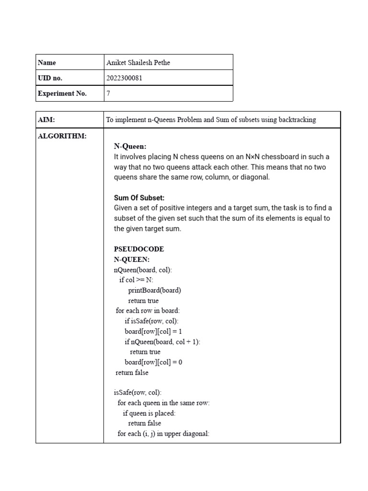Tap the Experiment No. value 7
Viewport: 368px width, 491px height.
(x=108, y=94)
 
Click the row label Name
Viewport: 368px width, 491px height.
(x=47, y=62)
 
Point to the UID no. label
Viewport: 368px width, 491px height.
(x=50, y=78)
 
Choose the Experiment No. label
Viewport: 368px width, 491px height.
(x=62, y=94)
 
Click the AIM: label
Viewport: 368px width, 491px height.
(x=46, y=120)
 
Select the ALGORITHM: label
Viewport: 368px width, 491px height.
(x=62, y=136)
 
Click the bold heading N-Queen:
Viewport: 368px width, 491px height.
(x=130, y=146)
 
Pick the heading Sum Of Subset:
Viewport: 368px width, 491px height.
(x=139, y=198)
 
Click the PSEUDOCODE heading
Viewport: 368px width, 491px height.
(x=139, y=249)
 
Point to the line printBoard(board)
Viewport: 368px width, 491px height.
(x=154, y=290)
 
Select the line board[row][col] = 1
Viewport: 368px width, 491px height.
(x=153, y=331)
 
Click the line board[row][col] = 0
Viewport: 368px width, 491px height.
(x=153, y=362)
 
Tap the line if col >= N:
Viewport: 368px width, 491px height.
(x=137, y=280)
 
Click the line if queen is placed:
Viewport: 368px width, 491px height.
(x=149, y=413)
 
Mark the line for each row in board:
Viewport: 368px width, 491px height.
(x=148, y=311)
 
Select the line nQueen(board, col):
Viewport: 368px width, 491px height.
(x=143, y=270)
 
